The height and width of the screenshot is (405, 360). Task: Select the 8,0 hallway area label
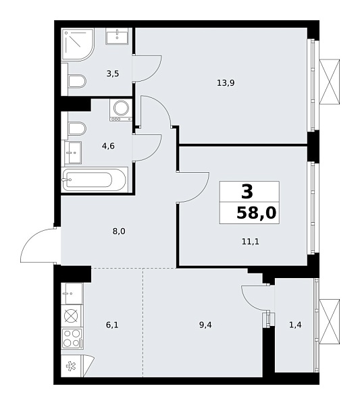pos(120,231)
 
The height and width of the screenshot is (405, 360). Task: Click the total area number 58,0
pos(257,214)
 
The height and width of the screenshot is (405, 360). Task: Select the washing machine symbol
pos(122,109)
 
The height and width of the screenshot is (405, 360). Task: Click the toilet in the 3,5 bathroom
pos(76,82)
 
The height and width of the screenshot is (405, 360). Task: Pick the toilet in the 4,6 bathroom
pos(76,129)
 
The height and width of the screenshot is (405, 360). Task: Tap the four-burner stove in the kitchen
pos(72,337)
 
